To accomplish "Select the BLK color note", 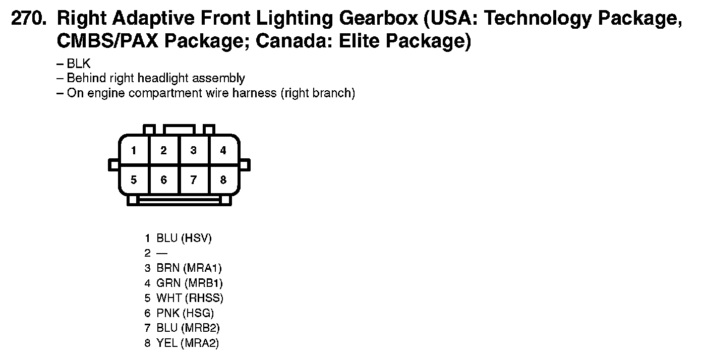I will coord(79,64).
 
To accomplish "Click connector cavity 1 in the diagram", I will coord(134,150).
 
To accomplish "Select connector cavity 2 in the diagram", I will coord(163,150).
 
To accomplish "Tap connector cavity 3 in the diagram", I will coord(193,150).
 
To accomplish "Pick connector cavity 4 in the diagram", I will coord(223,150).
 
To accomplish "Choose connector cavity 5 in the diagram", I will coord(134,180).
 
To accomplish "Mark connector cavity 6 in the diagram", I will coord(163,180).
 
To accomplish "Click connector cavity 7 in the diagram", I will coord(193,180).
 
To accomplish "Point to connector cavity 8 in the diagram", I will coord(223,180).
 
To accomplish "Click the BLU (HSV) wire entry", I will coord(184,238).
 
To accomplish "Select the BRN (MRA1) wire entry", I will coord(189,268).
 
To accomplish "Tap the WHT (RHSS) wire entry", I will coord(190,298).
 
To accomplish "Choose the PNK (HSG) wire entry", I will coord(185,313).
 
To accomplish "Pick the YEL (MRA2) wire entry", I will coord(188,343).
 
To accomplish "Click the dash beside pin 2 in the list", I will coord(162,253).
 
